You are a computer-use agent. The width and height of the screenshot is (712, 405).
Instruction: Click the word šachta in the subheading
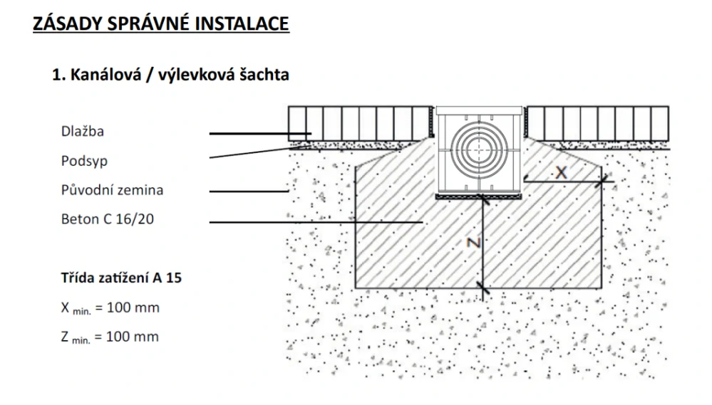[x=264, y=75]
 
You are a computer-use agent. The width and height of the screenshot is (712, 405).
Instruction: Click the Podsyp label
[x=84, y=161]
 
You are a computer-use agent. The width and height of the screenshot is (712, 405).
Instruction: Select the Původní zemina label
[x=112, y=190]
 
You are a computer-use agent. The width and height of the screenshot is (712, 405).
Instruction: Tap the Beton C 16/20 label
[x=108, y=219]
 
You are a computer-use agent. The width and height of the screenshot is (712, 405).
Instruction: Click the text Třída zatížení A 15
[x=121, y=278]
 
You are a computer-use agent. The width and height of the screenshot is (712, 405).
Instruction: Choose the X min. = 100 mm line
[x=110, y=307]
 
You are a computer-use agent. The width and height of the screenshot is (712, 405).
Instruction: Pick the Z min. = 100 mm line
[x=110, y=336]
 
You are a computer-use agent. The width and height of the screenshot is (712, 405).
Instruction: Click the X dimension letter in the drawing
[x=562, y=172]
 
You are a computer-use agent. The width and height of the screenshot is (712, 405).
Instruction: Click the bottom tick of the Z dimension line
[x=484, y=288]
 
